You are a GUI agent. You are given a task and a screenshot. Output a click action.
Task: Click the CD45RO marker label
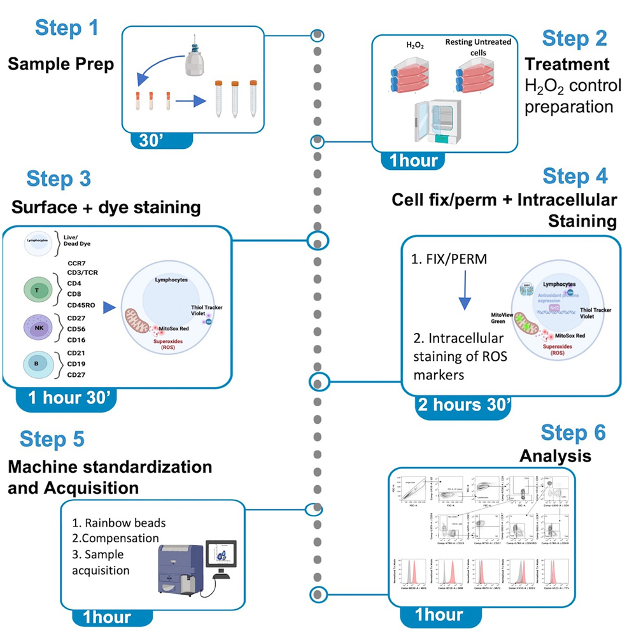coord(81,304)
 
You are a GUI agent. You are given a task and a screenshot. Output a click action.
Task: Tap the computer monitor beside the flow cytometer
coord(220,555)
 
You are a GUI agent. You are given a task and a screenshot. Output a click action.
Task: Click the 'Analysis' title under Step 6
coord(555,456)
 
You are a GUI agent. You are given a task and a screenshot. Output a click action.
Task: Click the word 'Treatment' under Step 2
coord(567,64)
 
